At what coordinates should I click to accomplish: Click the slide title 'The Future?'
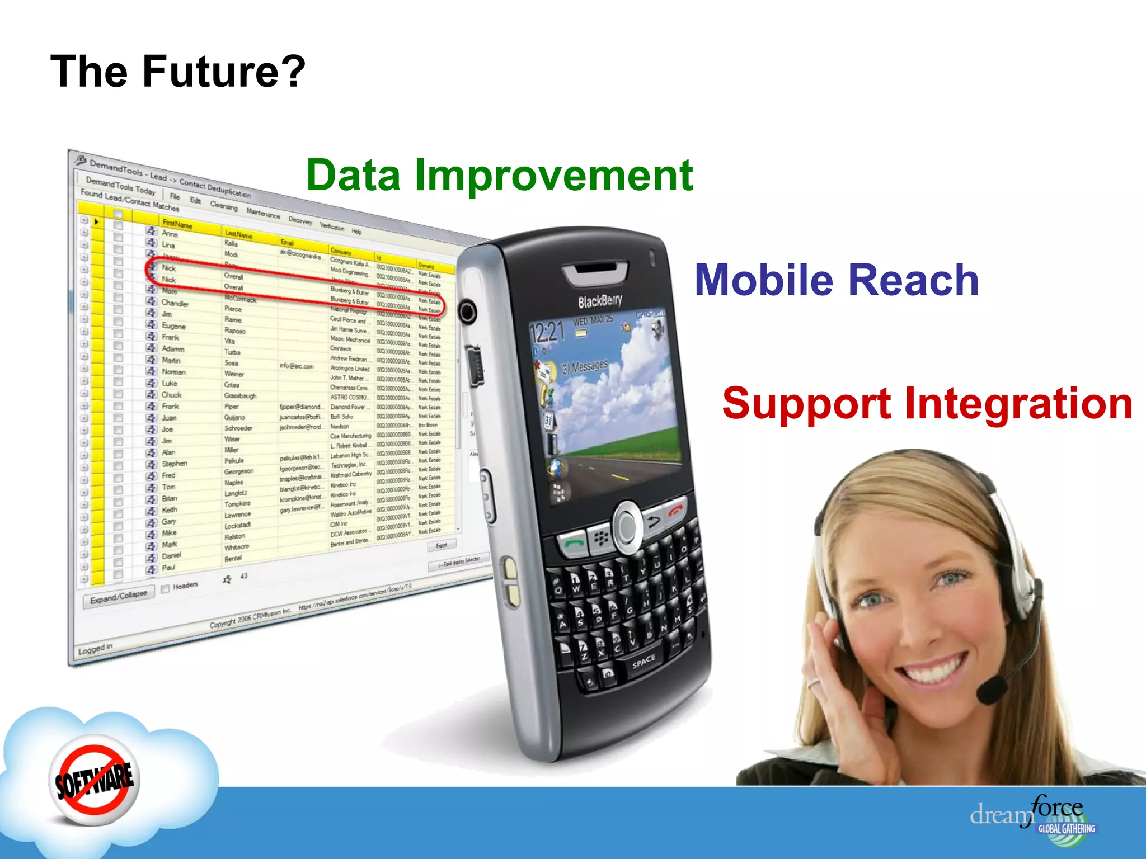coord(178,72)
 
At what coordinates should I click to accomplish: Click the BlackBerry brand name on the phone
coord(599,301)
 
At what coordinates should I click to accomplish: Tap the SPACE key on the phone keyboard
coord(643,662)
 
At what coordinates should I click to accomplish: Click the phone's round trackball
coord(627,525)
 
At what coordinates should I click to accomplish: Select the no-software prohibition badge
coord(94,779)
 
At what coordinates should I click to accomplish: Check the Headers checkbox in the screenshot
coord(165,588)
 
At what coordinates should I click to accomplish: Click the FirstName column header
coord(177,224)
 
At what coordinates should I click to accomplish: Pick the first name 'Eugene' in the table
coord(173,326)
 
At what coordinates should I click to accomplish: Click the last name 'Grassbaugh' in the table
coord(240,396)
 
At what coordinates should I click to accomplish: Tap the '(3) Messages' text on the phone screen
coord(584,367)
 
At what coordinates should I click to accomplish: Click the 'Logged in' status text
coord(95,649)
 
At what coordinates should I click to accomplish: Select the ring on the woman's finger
coord(813,683)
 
